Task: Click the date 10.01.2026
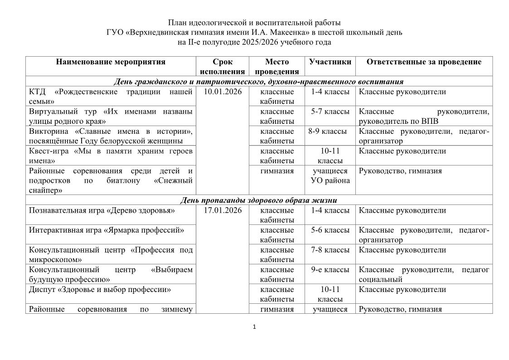pos(223,92)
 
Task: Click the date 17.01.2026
pos(223,210)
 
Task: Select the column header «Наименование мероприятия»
pos(111,62)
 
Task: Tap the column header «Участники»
pos(330,62)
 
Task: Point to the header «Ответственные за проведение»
pos(424,62)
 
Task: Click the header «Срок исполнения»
pos(223,67)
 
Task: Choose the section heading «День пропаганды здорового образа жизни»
pos(258,200)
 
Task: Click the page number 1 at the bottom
pos(254,326)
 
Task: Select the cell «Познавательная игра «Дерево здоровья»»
pos(102,210)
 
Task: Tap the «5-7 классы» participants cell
pos(330,112)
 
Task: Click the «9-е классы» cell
pos(330,270)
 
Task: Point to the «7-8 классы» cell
pos(330,250)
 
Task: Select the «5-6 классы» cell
pos(330,230)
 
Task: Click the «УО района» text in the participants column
pos(330,181)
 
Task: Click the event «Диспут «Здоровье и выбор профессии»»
pos(100,289)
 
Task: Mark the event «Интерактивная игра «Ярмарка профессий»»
pos(107,230)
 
